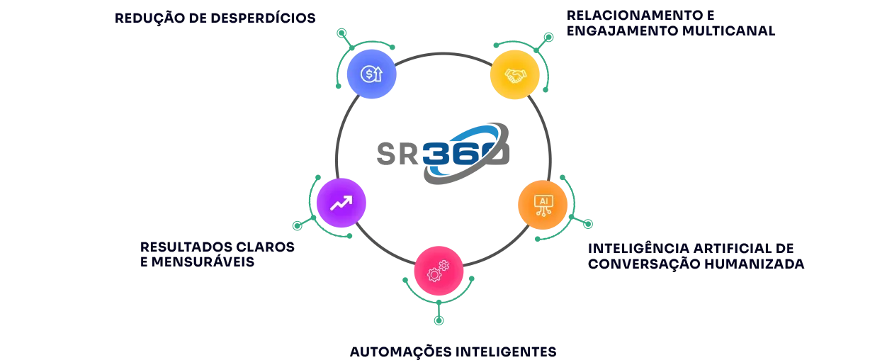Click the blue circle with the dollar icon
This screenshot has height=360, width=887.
(x=371, y=74)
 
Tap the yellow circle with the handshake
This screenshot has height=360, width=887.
(x=513, y=74)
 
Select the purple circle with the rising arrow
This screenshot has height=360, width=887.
(x=341, y=203)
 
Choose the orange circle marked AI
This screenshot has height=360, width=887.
(x=543, y=205)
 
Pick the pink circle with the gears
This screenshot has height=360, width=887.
(x=439, y=271)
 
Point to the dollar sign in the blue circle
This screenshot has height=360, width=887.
(x=368, y=74)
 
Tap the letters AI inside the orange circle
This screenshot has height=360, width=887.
(x=544, y=201)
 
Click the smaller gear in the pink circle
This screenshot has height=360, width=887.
(x=444, y=265)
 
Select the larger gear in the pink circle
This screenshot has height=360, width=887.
(x=434, y=274)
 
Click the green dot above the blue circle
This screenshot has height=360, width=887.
(x=341, y=33)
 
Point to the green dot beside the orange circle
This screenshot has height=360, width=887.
(x=587, y=225)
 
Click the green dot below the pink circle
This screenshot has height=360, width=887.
(x=439, y=320)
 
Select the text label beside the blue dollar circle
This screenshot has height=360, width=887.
(x=215, y=20)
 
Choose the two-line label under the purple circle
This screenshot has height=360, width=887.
(x=215, y=253)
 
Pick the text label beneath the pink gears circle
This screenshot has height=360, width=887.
(x=453, y=351)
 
